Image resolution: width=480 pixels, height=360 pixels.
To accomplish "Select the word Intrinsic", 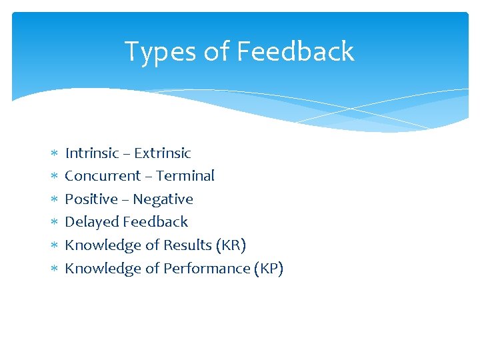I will (x=92, y=153).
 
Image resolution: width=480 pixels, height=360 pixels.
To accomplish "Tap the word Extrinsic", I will (x=162, y=153).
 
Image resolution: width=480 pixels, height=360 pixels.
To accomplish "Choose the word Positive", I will (x=91, y=199).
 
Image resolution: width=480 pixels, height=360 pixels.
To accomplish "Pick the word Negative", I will (x=163, y=199).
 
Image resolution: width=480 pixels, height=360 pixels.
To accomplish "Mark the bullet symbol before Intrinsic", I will (x=55, y=154).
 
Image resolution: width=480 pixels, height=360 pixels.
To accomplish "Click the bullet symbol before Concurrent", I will (x=55, y=177).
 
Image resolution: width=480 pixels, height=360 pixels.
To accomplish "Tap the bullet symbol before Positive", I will (x=55, y=200).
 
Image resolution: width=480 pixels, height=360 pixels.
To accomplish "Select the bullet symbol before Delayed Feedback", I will (x=55, y=223).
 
